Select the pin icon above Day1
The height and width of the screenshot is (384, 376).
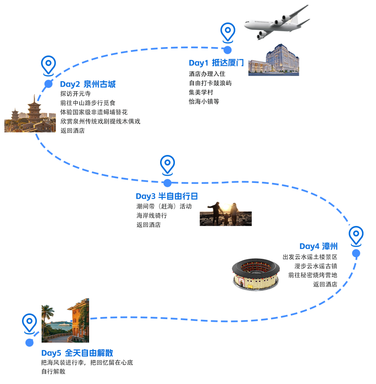pos(227,32)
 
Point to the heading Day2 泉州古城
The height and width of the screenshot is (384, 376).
pos(88,84)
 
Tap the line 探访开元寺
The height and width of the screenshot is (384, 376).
pos(75,94)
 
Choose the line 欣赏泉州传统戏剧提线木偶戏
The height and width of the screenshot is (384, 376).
pos(100,121)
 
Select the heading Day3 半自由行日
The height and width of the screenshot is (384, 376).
pos(167,196)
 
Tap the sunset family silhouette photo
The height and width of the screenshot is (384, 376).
pos(225,214)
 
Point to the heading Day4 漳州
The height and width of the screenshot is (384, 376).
pos(318,246)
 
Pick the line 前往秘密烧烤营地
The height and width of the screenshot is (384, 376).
pos(313,275)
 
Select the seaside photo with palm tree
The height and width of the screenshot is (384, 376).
pos(65,320)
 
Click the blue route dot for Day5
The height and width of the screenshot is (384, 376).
pos(29,343)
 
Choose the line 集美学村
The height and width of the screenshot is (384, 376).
pos(201,92)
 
